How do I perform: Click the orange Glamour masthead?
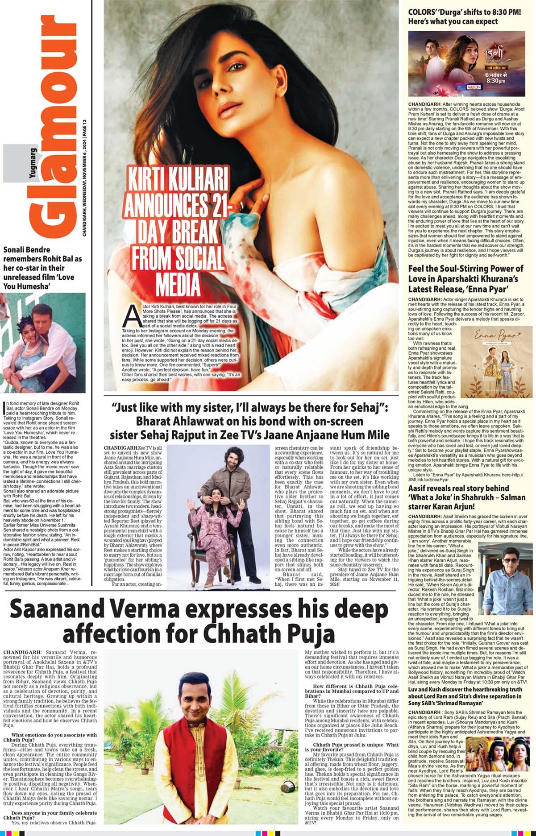54,129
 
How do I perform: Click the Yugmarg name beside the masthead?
33,164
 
